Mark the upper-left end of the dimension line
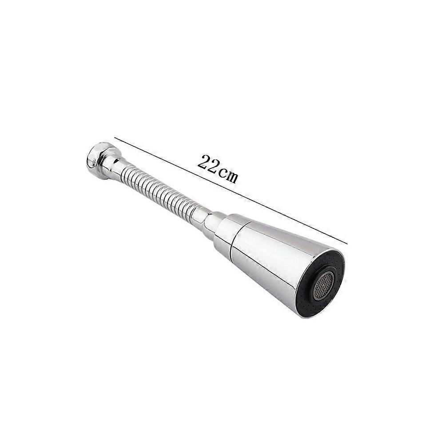coord(115,137)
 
